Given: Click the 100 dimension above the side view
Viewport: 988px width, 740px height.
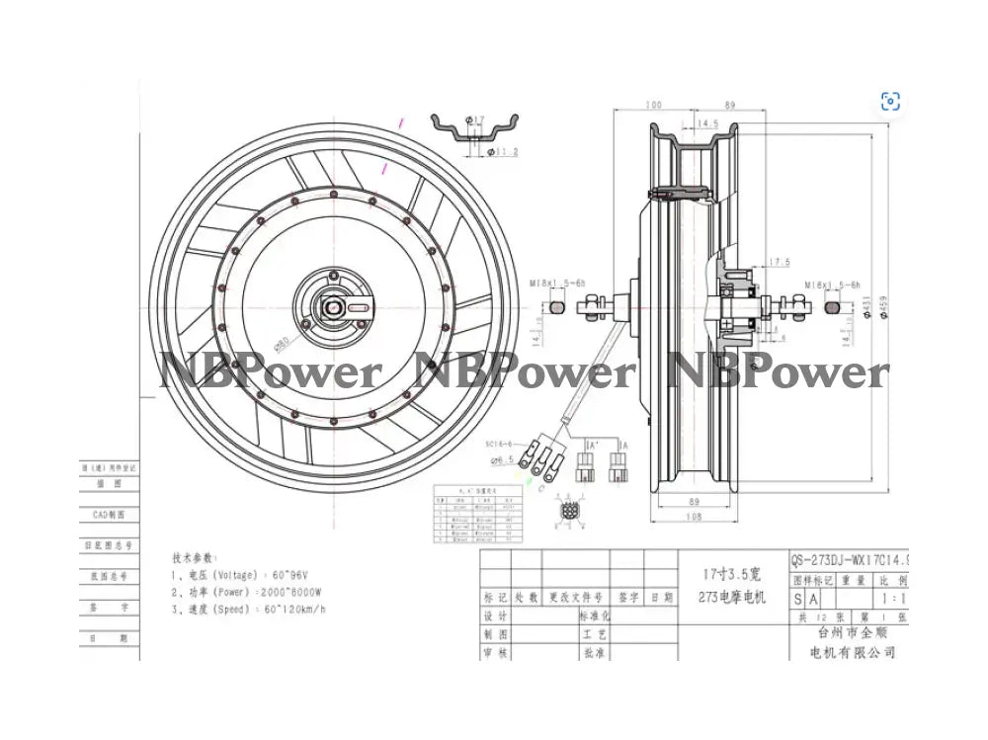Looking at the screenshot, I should pos(653,104).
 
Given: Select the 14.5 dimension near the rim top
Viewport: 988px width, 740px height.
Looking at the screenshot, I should pos(707,123).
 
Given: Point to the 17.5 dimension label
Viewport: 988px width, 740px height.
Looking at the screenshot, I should pos(780,262).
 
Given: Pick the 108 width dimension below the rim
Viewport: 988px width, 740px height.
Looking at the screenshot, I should pos(696,517).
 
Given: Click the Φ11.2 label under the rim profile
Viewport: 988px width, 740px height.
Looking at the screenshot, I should pos(504,152).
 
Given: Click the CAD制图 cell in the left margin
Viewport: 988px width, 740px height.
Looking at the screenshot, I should pos(109,514).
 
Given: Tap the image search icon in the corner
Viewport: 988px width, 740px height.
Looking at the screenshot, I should pos(890,101).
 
